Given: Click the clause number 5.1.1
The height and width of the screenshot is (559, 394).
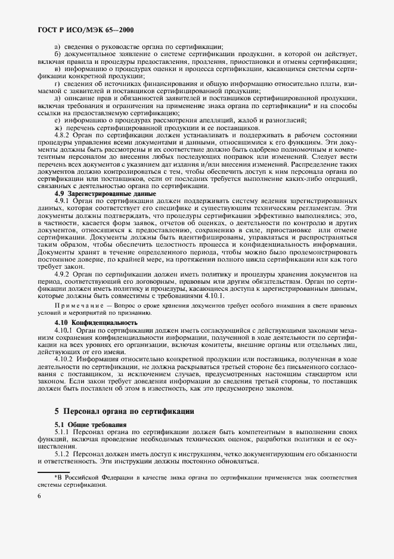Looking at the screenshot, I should pyautogui.click(x=62, y=431).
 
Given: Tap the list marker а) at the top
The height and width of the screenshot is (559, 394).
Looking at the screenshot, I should pyautogui.click(x=58, y=47).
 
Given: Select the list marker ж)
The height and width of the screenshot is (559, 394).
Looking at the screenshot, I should pyautogui.click(x=58, y=127).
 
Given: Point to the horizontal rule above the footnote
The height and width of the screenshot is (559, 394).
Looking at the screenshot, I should pyautogui.click(x=57, y=472).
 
